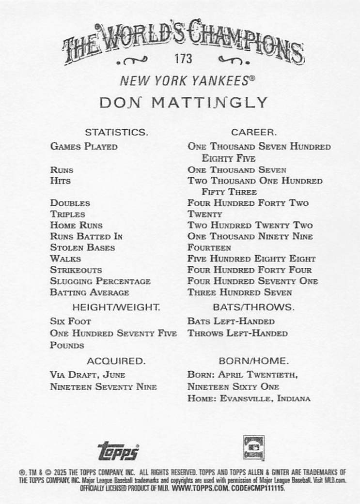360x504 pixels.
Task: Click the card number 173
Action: click(x=184, y=59)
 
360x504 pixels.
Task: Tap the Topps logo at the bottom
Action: click(x=118, y=451)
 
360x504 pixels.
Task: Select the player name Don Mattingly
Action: click(x=183, y=103)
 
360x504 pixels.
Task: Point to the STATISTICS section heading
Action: click(x=116, y=132)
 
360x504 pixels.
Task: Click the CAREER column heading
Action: click(x=253, y=132)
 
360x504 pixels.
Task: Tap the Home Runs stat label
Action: click(x=76, y=225)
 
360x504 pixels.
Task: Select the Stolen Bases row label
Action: click(x=82, y=247)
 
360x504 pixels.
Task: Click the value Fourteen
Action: click(x=209, y=247)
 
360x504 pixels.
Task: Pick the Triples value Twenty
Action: click(x=204, y=214)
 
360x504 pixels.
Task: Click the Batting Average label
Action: click(x=90, y=292)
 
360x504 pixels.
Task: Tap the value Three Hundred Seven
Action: click(x=240, y=292)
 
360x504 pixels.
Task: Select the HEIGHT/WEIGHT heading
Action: click(x=116, y=307)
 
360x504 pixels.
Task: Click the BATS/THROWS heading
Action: click(x=253, y=307)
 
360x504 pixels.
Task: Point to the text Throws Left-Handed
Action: click(x=237, y=334)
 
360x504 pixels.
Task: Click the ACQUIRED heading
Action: click(x=116, y=361)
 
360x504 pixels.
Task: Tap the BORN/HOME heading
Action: click(x=253, y=361)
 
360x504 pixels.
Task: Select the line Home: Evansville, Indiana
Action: click(x=249, y=398)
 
